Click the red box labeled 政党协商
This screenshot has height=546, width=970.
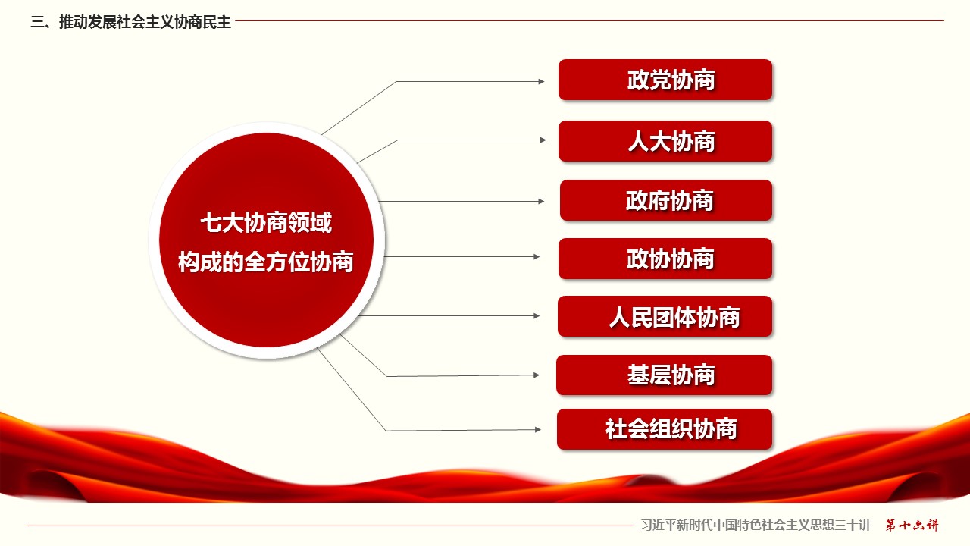665,80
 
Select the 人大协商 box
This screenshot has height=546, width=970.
665,141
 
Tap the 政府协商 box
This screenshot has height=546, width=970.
666,200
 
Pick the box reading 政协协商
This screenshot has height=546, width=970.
665,259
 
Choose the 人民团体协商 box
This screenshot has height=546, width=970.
665,316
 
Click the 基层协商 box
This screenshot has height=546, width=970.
665,375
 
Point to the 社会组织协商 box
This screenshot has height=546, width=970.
665,429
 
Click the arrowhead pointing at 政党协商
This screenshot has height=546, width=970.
541,81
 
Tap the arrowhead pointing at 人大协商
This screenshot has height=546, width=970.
543,140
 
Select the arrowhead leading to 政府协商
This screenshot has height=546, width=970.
541,201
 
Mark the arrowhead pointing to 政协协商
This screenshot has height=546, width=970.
537,256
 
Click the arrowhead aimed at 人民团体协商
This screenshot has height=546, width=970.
537,316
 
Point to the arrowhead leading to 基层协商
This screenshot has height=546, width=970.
537,375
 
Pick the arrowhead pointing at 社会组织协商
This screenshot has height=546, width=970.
538,429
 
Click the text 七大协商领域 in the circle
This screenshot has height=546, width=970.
266,223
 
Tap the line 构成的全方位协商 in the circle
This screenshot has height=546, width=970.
266,262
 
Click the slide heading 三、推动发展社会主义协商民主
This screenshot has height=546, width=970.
131,22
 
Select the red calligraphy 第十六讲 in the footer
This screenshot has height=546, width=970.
912,526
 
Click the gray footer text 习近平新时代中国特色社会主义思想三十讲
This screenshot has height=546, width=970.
756,526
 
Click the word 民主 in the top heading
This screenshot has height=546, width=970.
217,22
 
